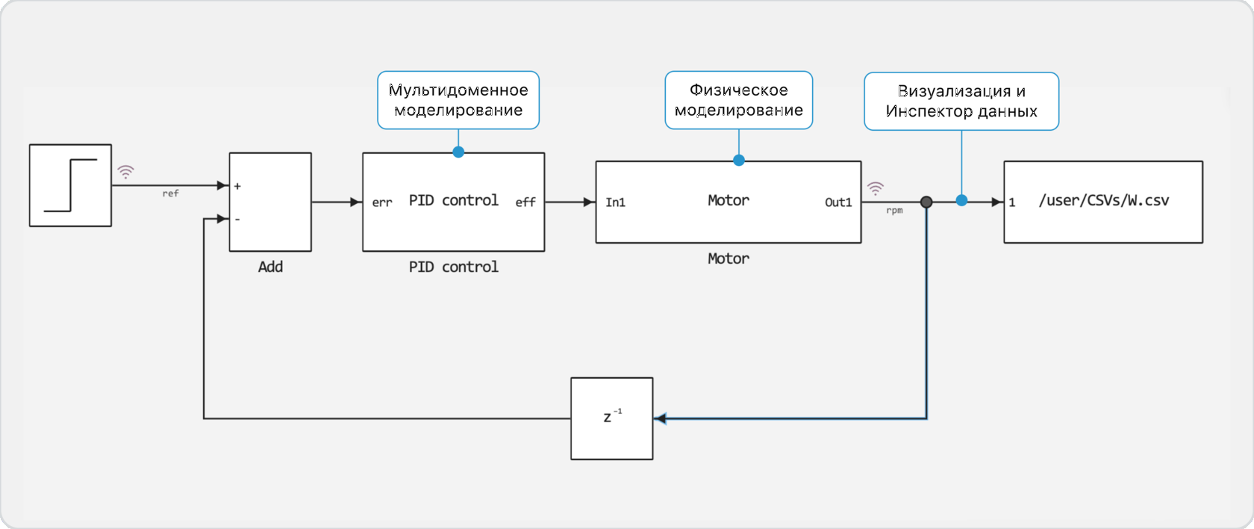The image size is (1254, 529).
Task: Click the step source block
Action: pos(70,185)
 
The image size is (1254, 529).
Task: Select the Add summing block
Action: pos(270,202)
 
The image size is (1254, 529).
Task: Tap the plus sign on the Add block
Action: pos(237,186)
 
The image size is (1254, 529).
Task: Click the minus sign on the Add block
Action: pos(237,220)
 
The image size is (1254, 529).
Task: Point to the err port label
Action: pos(382,202)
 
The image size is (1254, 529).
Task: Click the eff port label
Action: pos(525,202)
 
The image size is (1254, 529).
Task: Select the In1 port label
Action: pos(615,202)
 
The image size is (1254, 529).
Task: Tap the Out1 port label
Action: pos(837,202)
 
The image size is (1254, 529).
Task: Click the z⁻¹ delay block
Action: pos(611,418)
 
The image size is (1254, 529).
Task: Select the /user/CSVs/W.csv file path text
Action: pos(1103,200)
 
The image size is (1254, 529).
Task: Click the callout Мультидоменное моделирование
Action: pos(458,100)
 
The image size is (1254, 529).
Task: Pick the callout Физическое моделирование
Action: pos(738,100)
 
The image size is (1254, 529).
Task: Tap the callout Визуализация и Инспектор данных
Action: pos(961,102)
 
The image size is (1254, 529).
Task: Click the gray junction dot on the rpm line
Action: pos(926,202)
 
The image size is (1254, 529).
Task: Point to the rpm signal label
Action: pos(894,211)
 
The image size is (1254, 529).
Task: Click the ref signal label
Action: pos(170,194)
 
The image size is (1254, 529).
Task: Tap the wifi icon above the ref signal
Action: pos(126,173)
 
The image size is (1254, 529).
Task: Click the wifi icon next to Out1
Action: pos(875,188)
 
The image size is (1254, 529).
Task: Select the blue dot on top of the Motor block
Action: pos(738,160)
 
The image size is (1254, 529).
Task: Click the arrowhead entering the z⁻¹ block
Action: pos(660,418)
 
